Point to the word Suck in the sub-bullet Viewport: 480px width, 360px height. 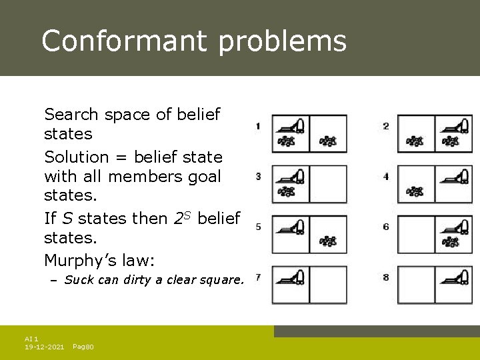click(x=79, y=280)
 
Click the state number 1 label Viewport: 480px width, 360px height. click(x=258, y=126)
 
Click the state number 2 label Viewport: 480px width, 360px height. click(x=386, y=126)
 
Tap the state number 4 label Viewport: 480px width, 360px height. click(x=386, y=177)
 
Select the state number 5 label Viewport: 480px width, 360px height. click(x=258, y=227)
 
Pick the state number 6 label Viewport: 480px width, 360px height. click(x=386, y=227)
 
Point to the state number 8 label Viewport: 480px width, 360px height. click(x=386, y=277)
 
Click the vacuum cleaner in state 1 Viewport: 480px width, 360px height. click(x=291, y=125)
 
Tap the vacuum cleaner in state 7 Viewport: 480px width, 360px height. click(x=291, y=276)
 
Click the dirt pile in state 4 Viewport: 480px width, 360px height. click(x=415, y=191)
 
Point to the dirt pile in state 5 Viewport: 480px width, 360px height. click(x=327, y=241)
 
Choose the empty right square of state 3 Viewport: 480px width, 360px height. click(x=328, y=183)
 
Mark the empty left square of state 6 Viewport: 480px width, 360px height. click(x=416, y=234)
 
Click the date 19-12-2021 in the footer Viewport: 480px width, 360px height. click(x=45, y=347)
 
